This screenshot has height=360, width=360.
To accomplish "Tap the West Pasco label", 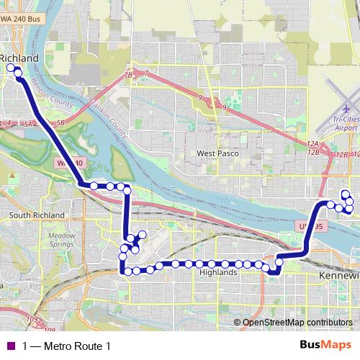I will [215, 153].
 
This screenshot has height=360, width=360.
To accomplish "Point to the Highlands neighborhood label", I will [220, 273].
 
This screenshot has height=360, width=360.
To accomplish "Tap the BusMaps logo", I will [323, 345].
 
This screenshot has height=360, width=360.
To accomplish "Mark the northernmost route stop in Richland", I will [11, 68].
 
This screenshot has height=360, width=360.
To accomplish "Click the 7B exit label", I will [128, 75].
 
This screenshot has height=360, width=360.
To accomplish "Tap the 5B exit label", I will [61, 124].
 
